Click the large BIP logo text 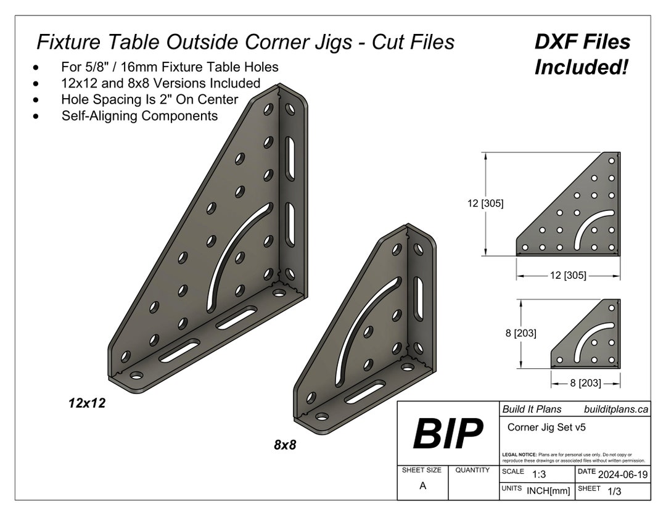point(447,434)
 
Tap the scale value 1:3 point(539,474)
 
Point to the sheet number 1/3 point(614,492)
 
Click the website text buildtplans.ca point(615,409)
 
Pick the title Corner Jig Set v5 point(546,427)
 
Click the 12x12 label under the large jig point(87,403)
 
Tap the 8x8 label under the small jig point(285,444)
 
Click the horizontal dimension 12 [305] point(567,275)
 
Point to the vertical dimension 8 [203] point(520,333)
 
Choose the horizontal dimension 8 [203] point(585,383)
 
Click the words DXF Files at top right point(582,42)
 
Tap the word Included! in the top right point(581,67)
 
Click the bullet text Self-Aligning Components point(139,115)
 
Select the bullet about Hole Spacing point(149,99)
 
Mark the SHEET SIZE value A point(422,486)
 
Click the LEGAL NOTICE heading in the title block point(520,455)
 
